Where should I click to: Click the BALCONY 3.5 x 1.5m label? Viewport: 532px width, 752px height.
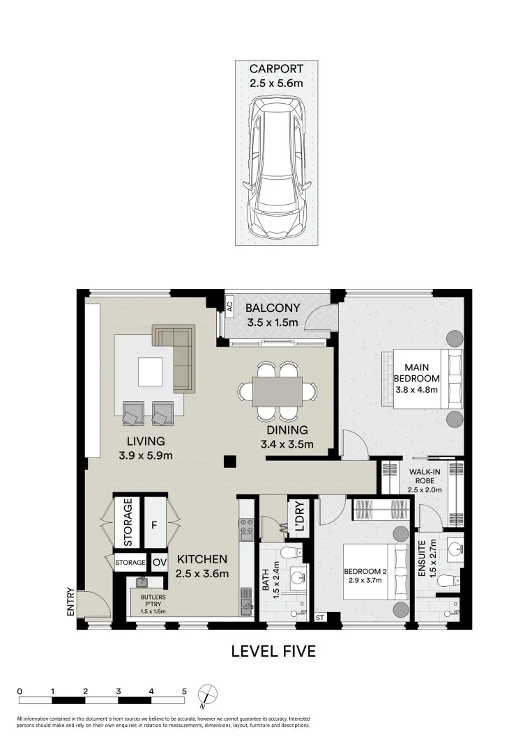click(x=273, y=315)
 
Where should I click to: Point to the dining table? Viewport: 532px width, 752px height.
click(x=277, y=391)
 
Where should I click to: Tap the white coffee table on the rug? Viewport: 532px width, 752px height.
click(x=150, y=372)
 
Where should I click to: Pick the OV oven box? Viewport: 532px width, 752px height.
click(x=160, y=563)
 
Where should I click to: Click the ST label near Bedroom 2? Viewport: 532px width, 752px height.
click(x=321, y=617)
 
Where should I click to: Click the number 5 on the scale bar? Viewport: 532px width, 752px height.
click(x=184, y=691)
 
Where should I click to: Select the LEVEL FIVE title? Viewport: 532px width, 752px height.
click(x=273, y=652)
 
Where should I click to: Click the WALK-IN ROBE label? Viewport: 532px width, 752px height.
click(x=420, y=480)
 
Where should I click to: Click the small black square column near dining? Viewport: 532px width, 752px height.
click(x=229, y=460)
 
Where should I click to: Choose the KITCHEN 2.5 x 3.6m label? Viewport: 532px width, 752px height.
click(x=202, y=566)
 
